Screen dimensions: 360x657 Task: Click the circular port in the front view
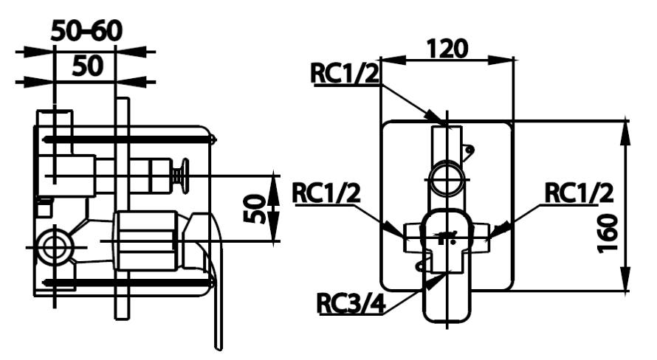447,178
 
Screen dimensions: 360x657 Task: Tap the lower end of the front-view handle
447,314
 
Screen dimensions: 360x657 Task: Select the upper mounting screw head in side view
213,138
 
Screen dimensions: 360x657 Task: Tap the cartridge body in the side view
144,240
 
